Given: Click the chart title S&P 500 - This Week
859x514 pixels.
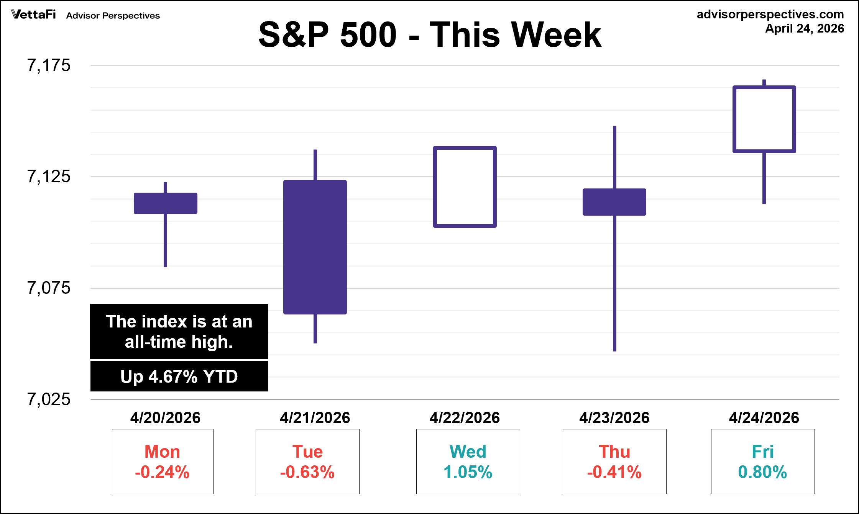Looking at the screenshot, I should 429,34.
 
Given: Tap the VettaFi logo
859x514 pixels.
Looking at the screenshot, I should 34,15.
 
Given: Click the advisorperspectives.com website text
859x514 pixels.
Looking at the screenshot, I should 770,14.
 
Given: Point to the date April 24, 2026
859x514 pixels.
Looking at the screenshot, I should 805,28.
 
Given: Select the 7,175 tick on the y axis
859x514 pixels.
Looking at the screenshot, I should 49,65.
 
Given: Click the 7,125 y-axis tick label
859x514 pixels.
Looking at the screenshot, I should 49,177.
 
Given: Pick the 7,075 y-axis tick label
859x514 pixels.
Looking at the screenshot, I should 49,288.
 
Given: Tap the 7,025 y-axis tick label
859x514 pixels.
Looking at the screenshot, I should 49,399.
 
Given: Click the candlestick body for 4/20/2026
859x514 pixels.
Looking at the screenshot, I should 166,203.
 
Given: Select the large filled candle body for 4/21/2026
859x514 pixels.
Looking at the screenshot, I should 315,247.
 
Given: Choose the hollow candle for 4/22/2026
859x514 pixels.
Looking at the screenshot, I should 465,187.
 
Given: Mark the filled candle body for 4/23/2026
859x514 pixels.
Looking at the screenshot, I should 614,202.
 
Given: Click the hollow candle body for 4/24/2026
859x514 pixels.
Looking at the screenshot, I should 764,119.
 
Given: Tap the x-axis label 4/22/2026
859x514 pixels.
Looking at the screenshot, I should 465,417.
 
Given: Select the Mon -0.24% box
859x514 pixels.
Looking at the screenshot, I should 163,462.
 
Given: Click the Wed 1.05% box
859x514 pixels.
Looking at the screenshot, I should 468,462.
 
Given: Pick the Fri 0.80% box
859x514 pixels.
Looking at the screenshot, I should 763,462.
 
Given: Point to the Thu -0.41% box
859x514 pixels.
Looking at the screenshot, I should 614,462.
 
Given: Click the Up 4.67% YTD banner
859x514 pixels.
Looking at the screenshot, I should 179,376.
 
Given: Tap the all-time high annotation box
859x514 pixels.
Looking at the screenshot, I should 179,331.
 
